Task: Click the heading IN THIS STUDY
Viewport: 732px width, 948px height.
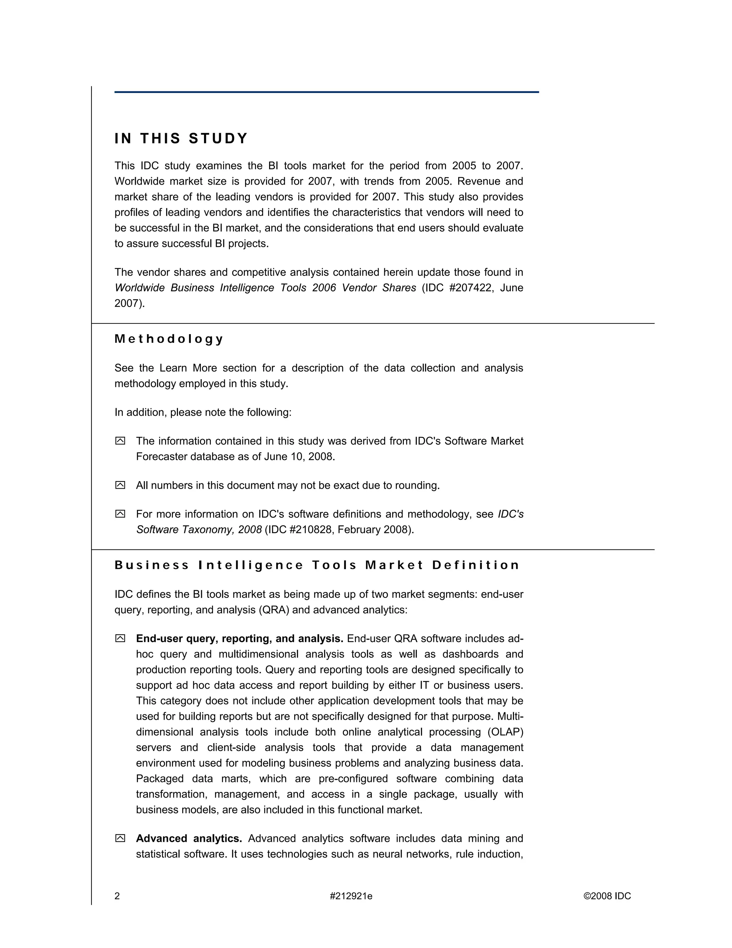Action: [x=181, y=138]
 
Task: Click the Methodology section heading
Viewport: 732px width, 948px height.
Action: [x=169, y=339]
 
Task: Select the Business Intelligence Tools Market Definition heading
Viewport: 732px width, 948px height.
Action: [x=317, y=565]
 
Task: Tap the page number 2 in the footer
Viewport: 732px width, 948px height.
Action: [x=117, y=896]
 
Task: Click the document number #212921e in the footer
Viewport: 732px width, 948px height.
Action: [x=351, y=896]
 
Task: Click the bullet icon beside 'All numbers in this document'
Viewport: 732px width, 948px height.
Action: [x=120, y=485]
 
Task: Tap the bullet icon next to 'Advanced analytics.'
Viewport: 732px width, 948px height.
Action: [x=120, y=838]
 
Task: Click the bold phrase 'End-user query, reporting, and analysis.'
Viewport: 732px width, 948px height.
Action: [x=239, y=639]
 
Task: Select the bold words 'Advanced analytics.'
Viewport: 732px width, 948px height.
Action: [x=189, y=838]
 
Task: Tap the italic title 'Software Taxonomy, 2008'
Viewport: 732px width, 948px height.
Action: [x=199, y=529]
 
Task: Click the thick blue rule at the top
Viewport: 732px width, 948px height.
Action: [x=327, y=92]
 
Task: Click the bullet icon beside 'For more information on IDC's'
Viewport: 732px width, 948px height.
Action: [x=120, y=514]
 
